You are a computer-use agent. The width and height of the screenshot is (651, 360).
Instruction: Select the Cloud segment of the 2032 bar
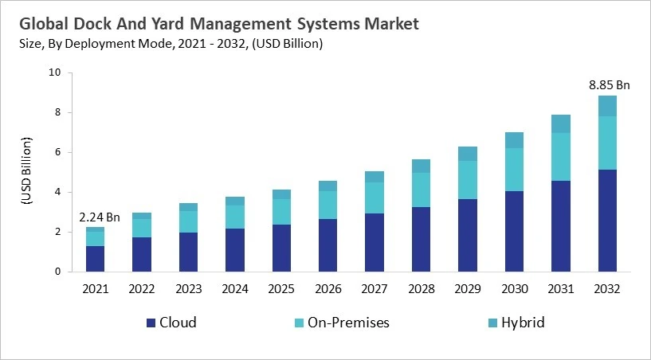607,221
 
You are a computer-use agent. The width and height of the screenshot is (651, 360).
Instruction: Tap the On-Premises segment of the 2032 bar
607,143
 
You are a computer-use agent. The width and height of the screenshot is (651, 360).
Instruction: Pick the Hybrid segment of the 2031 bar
561,123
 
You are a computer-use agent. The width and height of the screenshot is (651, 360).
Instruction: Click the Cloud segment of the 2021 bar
96,259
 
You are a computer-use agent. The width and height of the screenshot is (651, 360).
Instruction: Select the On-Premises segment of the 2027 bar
375,198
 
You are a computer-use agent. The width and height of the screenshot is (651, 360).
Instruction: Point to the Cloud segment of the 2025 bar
281,248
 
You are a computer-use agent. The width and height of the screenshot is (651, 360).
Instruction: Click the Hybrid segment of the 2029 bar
468,154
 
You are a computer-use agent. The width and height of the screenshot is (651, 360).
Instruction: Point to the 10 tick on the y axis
54,72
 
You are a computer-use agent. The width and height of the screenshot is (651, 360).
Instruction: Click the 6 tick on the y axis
57,152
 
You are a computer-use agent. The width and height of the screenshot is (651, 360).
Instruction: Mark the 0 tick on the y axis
57,272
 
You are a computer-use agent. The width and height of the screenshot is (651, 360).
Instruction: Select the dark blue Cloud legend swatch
151,323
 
